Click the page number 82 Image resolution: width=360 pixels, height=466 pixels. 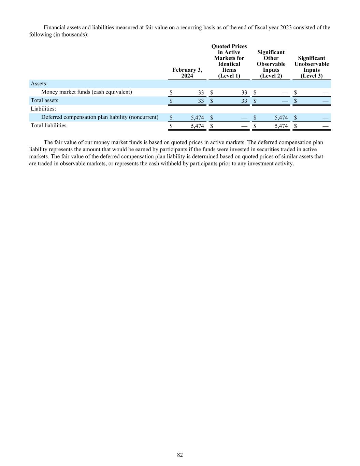[180, 455]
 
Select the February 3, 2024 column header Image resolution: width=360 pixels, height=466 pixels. [187, 73]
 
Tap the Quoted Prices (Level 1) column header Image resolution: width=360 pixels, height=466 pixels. [229, 61]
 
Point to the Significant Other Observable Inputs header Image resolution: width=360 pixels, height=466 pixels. [271, 64]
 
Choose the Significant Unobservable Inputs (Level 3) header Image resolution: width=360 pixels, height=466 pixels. [312, 67]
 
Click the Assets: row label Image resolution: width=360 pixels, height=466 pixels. [39, 84]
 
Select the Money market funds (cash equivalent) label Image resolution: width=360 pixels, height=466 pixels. [86, 92]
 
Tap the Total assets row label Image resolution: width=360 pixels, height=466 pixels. [44, 100]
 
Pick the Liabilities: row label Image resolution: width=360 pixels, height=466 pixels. [43, 109]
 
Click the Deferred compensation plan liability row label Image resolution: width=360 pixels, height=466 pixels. [100, 117]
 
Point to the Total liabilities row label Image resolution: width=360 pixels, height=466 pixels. [48, 126]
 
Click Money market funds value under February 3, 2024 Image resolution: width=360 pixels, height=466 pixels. [201, 93]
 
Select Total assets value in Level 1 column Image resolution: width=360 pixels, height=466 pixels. [244, 101]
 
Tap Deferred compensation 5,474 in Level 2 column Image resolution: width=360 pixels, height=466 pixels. [281, 117]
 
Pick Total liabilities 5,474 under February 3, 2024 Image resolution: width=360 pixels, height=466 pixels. [197, 126]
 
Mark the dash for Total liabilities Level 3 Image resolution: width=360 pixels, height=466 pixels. [326, 126]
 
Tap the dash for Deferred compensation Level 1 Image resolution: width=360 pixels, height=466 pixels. [244, 117]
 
